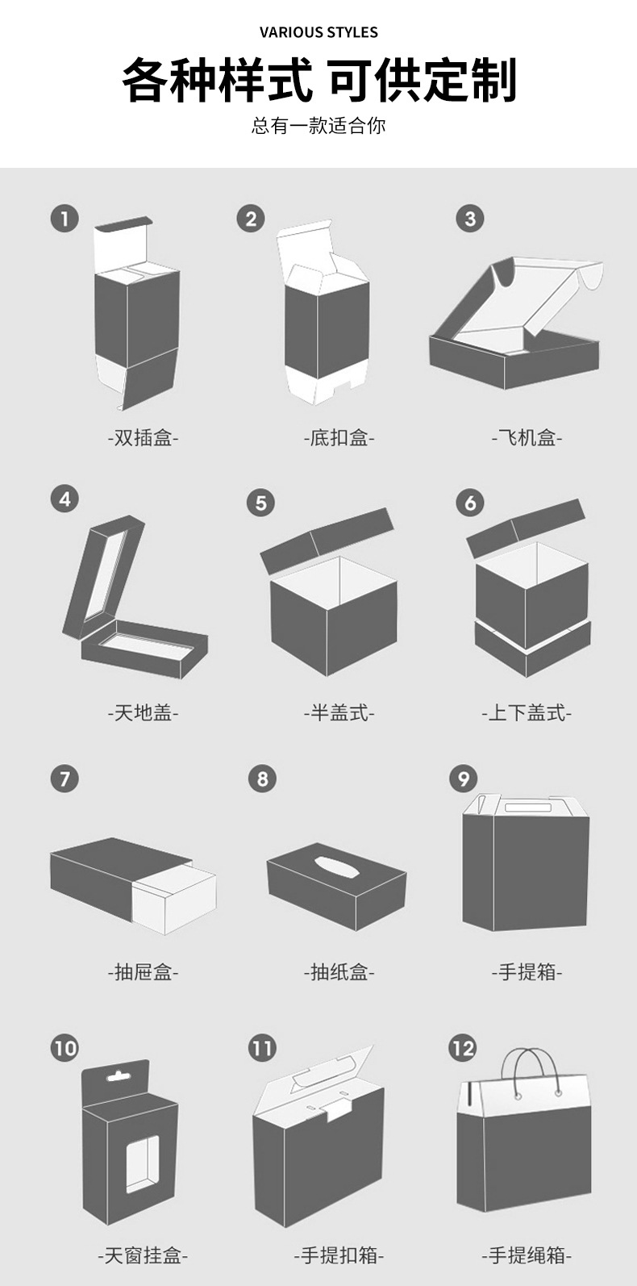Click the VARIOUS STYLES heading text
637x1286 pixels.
click(318, 32)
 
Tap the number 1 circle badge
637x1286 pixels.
click(65, 219)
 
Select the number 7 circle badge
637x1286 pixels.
click(65, 779)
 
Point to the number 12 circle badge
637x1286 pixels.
click(463, 1048)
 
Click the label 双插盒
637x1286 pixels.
click(144, 438)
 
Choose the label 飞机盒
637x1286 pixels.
click(527, 438)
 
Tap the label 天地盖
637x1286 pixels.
click(144, 712)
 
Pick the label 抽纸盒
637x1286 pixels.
click(339, 972)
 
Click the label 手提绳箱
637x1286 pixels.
click(527, 1255)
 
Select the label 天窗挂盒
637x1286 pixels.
click(144, 1255)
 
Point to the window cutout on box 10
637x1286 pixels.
click(143, 1163)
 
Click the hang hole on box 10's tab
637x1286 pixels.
click(119, 1075)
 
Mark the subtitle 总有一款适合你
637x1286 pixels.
click(318, 126)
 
